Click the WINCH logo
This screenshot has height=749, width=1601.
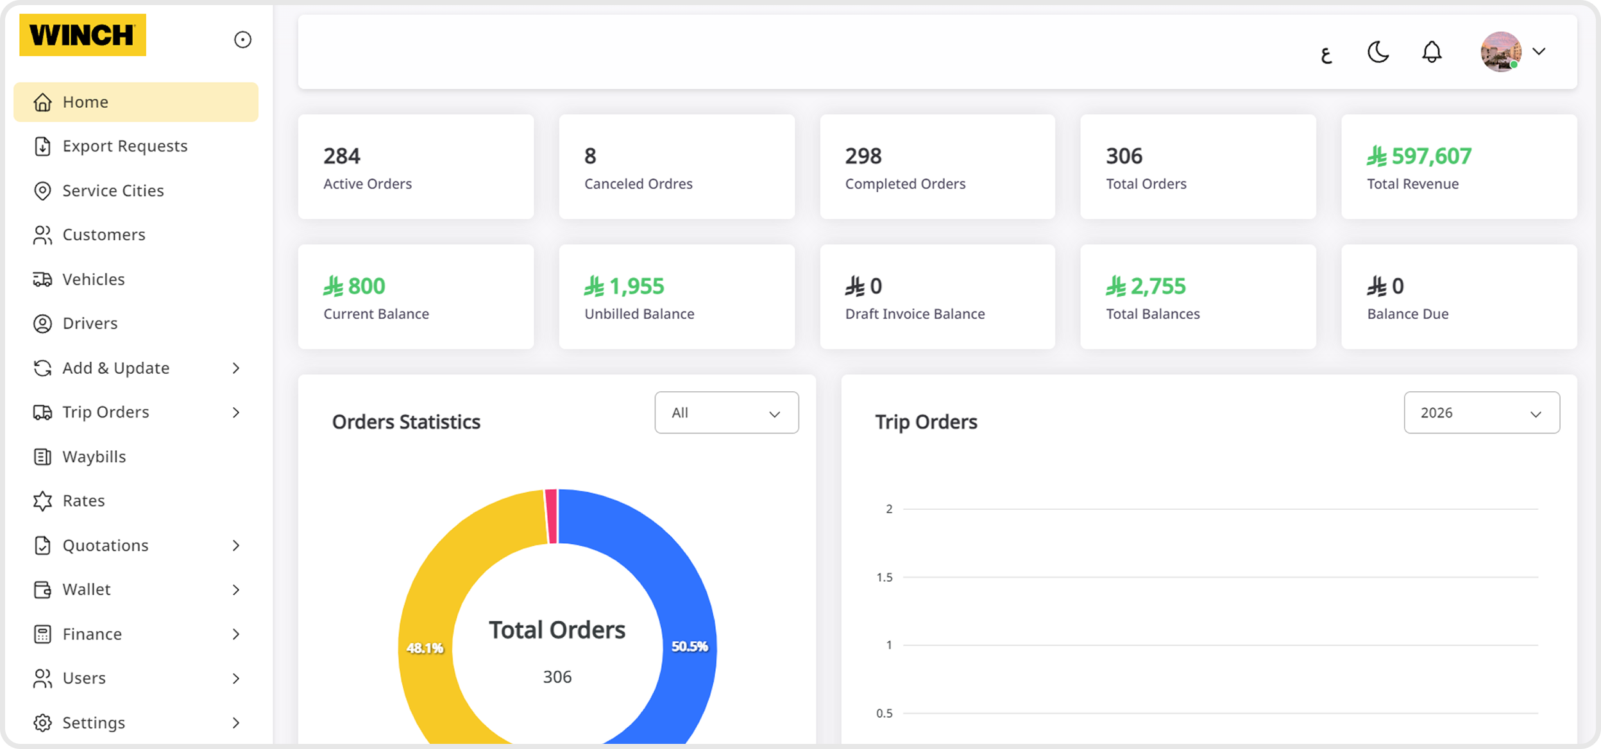pos(82,35)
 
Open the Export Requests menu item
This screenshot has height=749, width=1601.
pos(124,146)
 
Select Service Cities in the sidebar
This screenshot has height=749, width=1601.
pos(113,190)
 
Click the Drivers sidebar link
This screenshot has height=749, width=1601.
pos(90,323)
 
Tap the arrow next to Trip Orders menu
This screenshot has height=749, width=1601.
pos(236,412)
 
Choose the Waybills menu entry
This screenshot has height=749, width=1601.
pos(94,457)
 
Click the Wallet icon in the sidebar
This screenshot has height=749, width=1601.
pos(42,589)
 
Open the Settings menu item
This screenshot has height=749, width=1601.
pos(94,723)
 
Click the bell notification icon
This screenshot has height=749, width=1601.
pos(1432,52)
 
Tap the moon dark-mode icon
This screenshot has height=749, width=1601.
pos(1378,52)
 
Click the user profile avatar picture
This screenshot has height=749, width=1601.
pos(1500,52)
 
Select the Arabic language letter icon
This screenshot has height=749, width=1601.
pos(1326,55)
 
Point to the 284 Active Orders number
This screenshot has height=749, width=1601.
pos(342,156)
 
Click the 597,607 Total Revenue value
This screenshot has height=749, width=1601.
pos(1431,156)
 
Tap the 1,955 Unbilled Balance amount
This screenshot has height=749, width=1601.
pos(636,286)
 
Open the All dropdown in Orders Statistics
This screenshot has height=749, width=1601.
pos(726,413)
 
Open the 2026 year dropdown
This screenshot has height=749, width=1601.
pos(1481,413)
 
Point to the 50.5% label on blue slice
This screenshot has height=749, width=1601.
pos(690,646)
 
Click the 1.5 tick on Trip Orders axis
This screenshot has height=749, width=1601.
pos(885,577)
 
